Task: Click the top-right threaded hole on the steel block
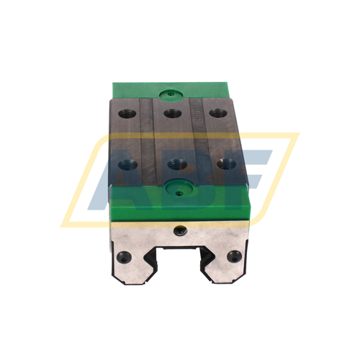click(215, 112)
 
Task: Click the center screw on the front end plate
click(179, 230)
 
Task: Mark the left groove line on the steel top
click(149, 137)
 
